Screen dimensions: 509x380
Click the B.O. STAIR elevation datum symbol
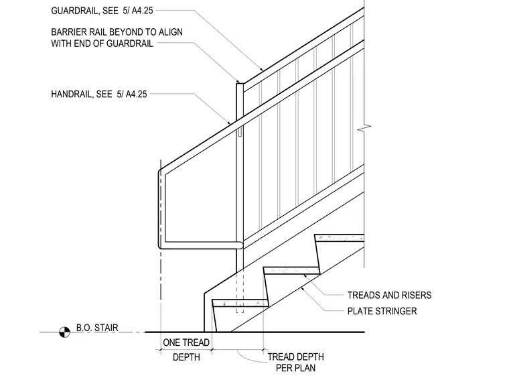(64, 332)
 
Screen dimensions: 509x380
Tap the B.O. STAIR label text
(97, 327)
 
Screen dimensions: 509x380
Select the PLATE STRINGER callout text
(382, 311)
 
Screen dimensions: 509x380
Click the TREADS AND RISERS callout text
(389, 296)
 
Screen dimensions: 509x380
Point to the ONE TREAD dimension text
(186, 342)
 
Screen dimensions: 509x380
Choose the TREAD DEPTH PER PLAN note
(296, 363)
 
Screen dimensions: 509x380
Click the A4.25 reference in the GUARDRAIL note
(142, 11)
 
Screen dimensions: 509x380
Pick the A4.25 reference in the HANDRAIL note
(137, 94)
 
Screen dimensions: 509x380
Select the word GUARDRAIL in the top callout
(75, 11)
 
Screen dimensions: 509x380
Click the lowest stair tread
(240, 303)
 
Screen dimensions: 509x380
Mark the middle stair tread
(291, 271)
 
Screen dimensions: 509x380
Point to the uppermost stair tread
(340, 238)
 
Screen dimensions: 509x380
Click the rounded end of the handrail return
(240, 245)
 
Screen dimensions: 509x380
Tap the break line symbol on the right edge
(364, 129)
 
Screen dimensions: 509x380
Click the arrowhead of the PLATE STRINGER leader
(302, 288)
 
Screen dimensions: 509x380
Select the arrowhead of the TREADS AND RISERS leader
(305, 275)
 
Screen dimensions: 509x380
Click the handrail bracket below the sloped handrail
(240, 131)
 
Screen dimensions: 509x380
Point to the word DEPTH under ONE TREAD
(186, 357)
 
